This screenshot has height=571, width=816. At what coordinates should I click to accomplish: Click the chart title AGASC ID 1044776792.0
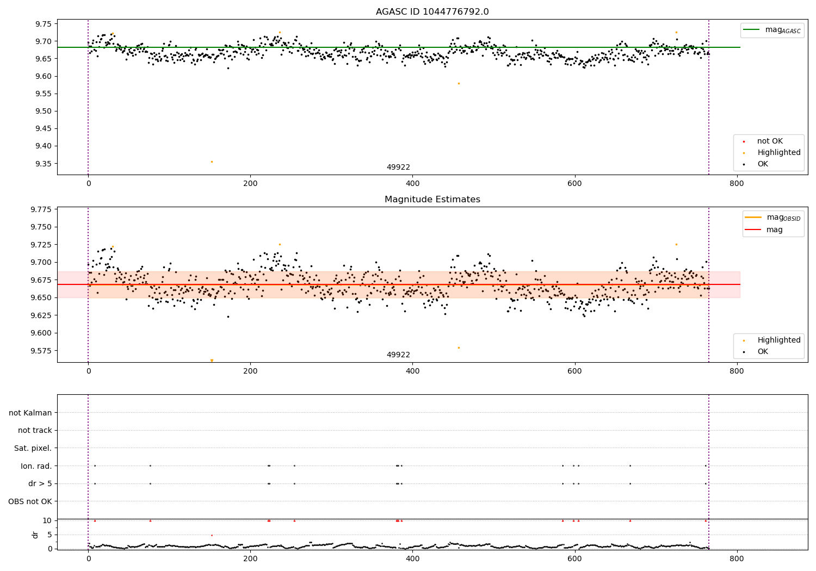pyautogui.click(x=432, y=12)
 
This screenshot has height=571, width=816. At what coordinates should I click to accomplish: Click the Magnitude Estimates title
pyautogui.click(x=432, y=200)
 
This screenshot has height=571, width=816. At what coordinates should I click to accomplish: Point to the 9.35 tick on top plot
pyautogui.click(x=43, y=164)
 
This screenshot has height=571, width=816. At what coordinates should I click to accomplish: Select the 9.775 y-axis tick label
pyautogui.click(x=41, y=209)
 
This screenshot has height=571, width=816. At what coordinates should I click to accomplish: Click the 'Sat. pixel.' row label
pyautogui.click(x=33, y=448)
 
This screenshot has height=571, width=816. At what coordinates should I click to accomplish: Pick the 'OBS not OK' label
pyautogui.click(x=30, y=501)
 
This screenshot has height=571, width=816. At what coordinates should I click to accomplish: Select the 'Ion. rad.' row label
pyautogui.click(x=36, y=466)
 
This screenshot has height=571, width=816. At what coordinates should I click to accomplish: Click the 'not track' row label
pyautogui.click(x=35, y=430)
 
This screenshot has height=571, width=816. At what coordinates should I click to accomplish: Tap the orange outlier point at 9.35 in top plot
pyautogui.click(x=212, y=162)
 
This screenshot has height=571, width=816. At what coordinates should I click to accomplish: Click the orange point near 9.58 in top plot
pyautogui.click(x=459, y=83)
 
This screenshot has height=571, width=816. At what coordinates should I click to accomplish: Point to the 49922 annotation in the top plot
pyautogui.click(x=398, y=167)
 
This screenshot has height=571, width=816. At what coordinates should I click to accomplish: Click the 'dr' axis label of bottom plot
pyautogui.click(x=35, y=535)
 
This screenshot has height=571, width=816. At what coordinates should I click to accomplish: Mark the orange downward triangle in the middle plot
pyautogui.click(x=212, y=361)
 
